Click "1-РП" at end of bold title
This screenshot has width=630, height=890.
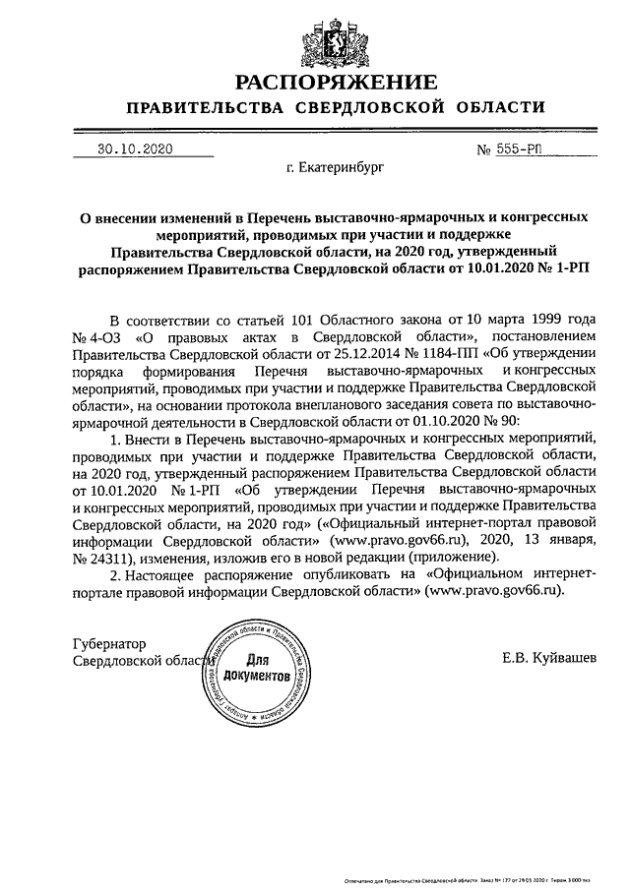pos(558,267)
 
